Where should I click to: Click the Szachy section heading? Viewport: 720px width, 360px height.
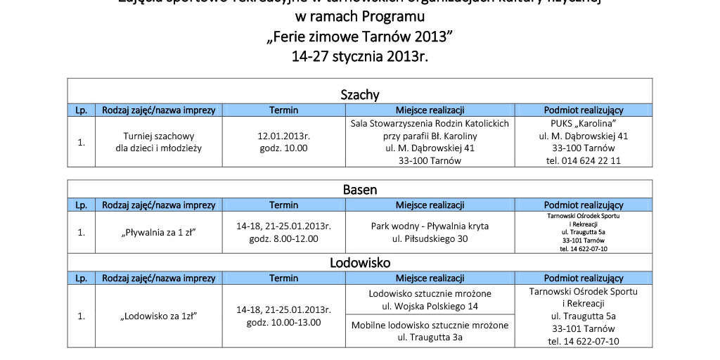coord(359,94)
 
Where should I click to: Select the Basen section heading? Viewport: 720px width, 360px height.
coord(359,189)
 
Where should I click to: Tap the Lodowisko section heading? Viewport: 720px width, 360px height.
coord(359,263)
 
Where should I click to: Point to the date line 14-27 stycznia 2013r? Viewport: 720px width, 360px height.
coord(359,57)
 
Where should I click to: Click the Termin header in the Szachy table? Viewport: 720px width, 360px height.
coord(283,110)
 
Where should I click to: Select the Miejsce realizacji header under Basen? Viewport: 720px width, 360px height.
coord(430,205)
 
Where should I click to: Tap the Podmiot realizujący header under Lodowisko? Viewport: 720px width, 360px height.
coord(584,278)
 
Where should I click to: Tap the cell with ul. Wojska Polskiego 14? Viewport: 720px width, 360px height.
coord(430,300)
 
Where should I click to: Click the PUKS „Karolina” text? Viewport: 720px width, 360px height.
coord(584,122)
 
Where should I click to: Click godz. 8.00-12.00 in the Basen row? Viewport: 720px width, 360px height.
coord(284,238)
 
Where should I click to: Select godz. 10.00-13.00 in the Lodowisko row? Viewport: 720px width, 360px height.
coord(284,322)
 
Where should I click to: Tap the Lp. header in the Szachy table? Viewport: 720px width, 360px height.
coord(81,110)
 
